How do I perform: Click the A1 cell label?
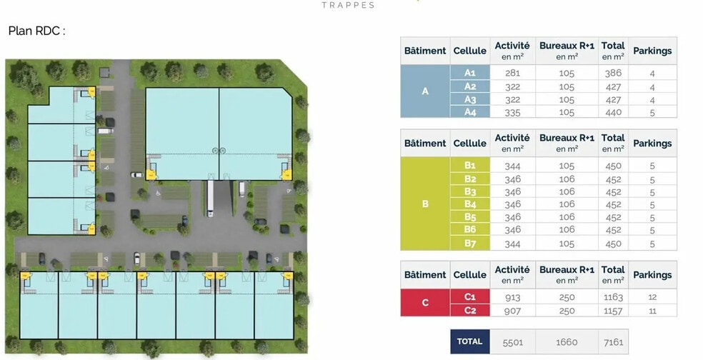(x=470, y=72)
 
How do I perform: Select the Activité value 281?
(x=512, y=73)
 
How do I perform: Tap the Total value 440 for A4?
(x=613, y=112)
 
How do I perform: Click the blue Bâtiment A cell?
(x=425, y=91)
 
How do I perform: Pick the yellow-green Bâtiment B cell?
(x=425, y=204)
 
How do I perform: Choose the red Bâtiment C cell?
(x=425, y=303)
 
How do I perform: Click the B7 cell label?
(x=470, y=244)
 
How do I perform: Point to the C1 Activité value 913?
(x=512, y=297)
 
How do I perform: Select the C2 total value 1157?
(x=613, y=310)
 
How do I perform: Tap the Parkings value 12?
(x=652, y=297)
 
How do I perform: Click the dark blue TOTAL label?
(x=470, y=341)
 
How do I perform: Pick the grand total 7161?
(x=613, y=342)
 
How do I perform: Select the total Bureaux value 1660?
(x=567, y=342)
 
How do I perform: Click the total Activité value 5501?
(x=512, y=342)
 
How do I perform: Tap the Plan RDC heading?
(x=36, y=31)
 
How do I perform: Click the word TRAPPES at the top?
(x=348, y=6)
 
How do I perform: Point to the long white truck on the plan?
(x=210, y=199)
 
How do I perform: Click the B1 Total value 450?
(x=613, y=166)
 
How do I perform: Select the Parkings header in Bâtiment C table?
(x=652, y=274)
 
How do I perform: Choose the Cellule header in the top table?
(x=470, y=51)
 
